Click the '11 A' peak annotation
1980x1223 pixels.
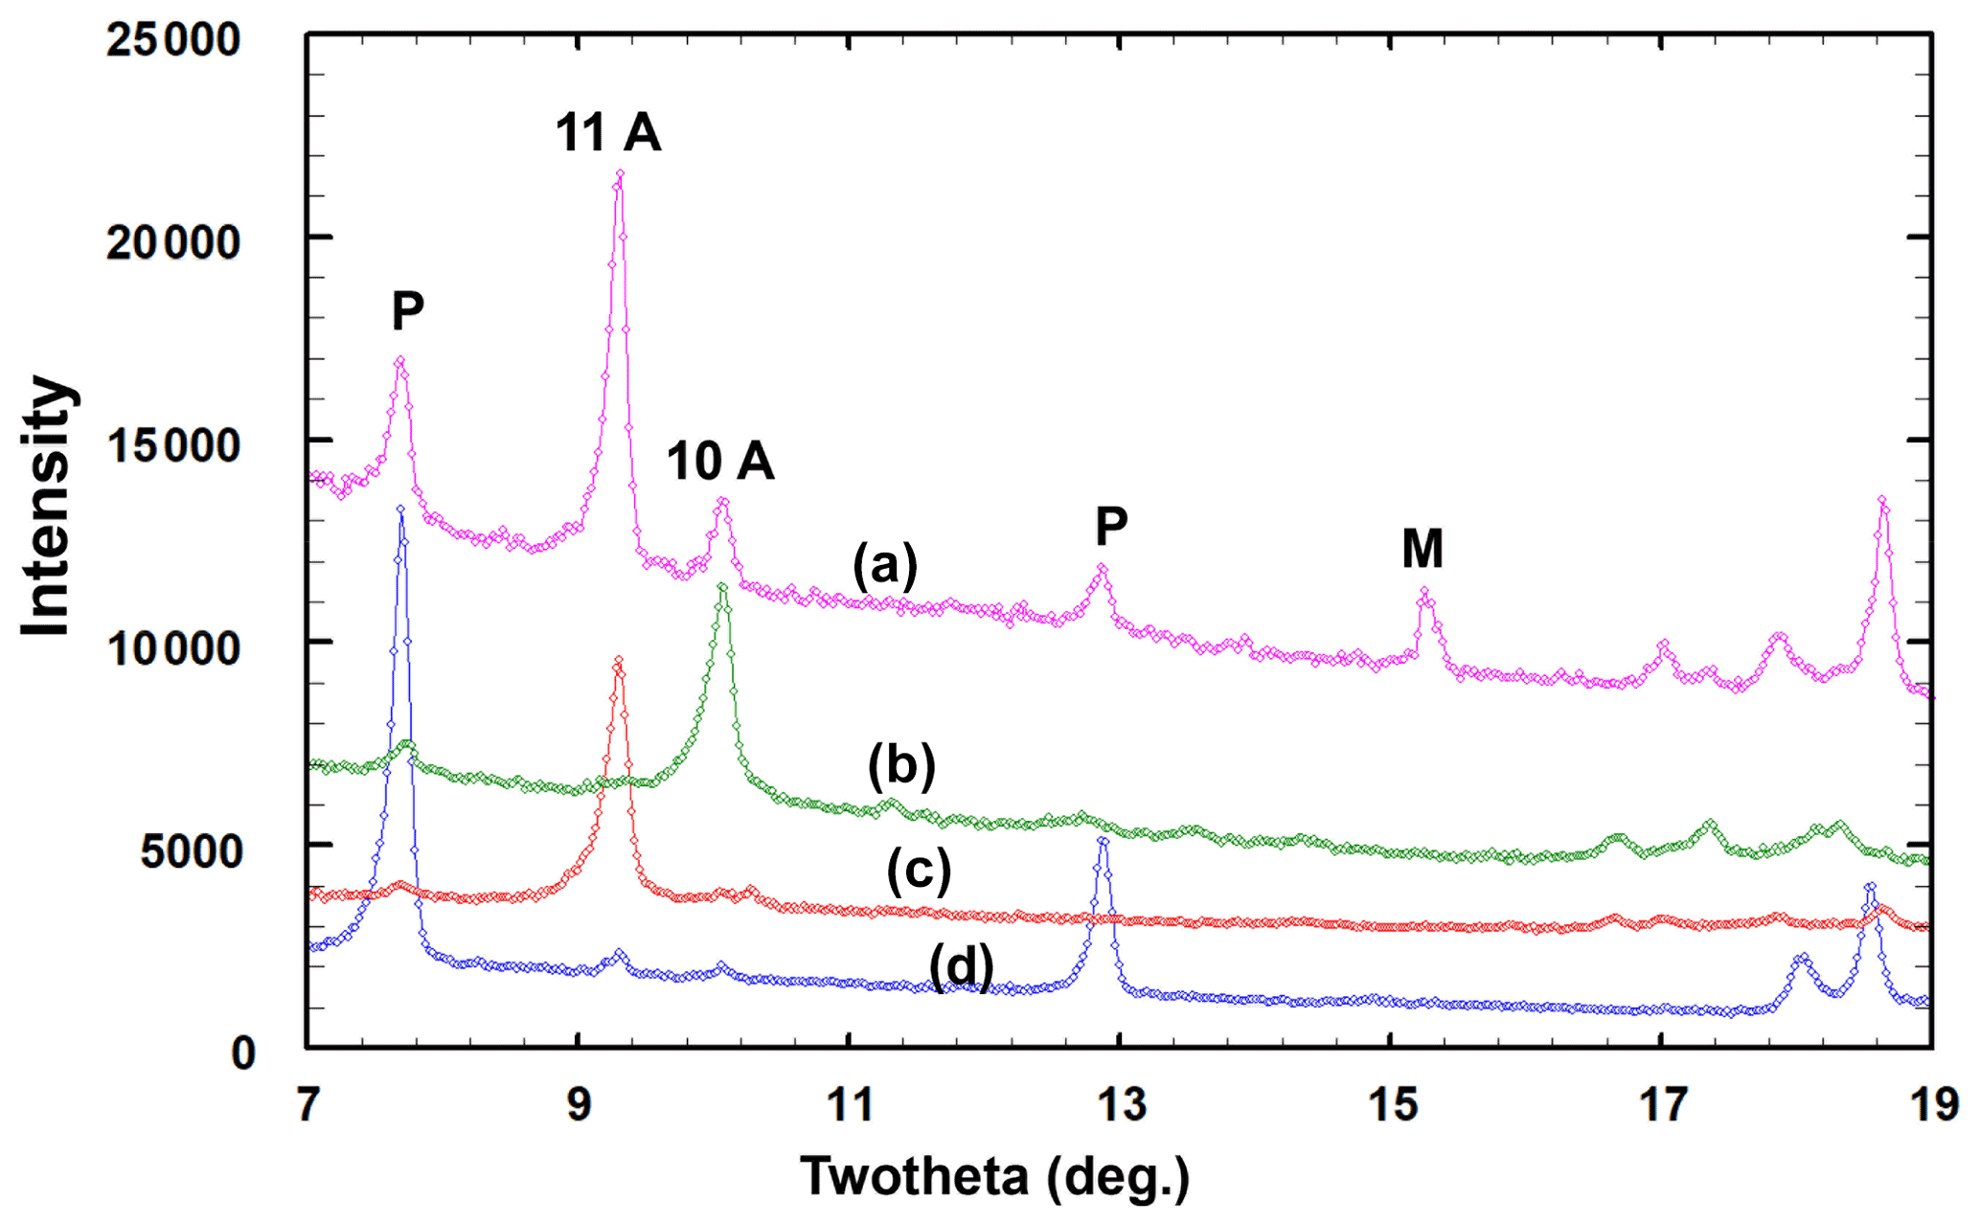[x=608, y=132]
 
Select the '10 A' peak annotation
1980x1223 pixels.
[x=720, y=462]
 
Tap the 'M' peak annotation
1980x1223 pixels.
[x=1422, y=550]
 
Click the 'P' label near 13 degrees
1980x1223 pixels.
[x=1111, y=525]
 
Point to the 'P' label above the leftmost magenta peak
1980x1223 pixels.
[x=408, y=310]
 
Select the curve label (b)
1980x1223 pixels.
[x=901, y=765]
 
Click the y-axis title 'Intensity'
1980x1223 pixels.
[x=46, y=505]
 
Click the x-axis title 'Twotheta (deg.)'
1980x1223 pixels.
[x=994, y=1176]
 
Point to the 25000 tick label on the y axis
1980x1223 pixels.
[x=173, y=40]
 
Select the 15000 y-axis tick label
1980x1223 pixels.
[x=173, y=445]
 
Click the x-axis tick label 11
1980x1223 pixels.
[x=849, y=1105]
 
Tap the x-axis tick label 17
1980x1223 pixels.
[x=1662, y=1105]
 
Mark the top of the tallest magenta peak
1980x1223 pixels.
[x=620, y=173]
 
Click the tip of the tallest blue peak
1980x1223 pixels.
[x=400, y=509]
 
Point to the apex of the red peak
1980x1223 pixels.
[x=619, y=660]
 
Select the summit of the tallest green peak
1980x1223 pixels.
[x=722, y=586]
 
